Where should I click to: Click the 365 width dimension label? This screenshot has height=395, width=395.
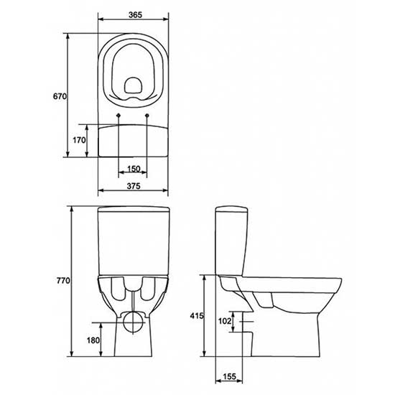135,15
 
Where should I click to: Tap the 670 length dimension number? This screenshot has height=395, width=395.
60,96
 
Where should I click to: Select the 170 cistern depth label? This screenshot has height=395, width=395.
79,140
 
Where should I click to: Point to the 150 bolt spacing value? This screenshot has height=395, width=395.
134,169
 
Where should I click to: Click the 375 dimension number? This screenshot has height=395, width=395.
134,186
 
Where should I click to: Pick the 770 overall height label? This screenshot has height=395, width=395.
63,280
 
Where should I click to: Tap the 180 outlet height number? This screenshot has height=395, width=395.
93,340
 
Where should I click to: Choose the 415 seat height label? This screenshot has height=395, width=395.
197,315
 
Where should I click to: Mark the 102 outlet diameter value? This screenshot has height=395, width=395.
225,321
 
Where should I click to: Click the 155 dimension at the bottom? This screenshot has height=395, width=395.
229,376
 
